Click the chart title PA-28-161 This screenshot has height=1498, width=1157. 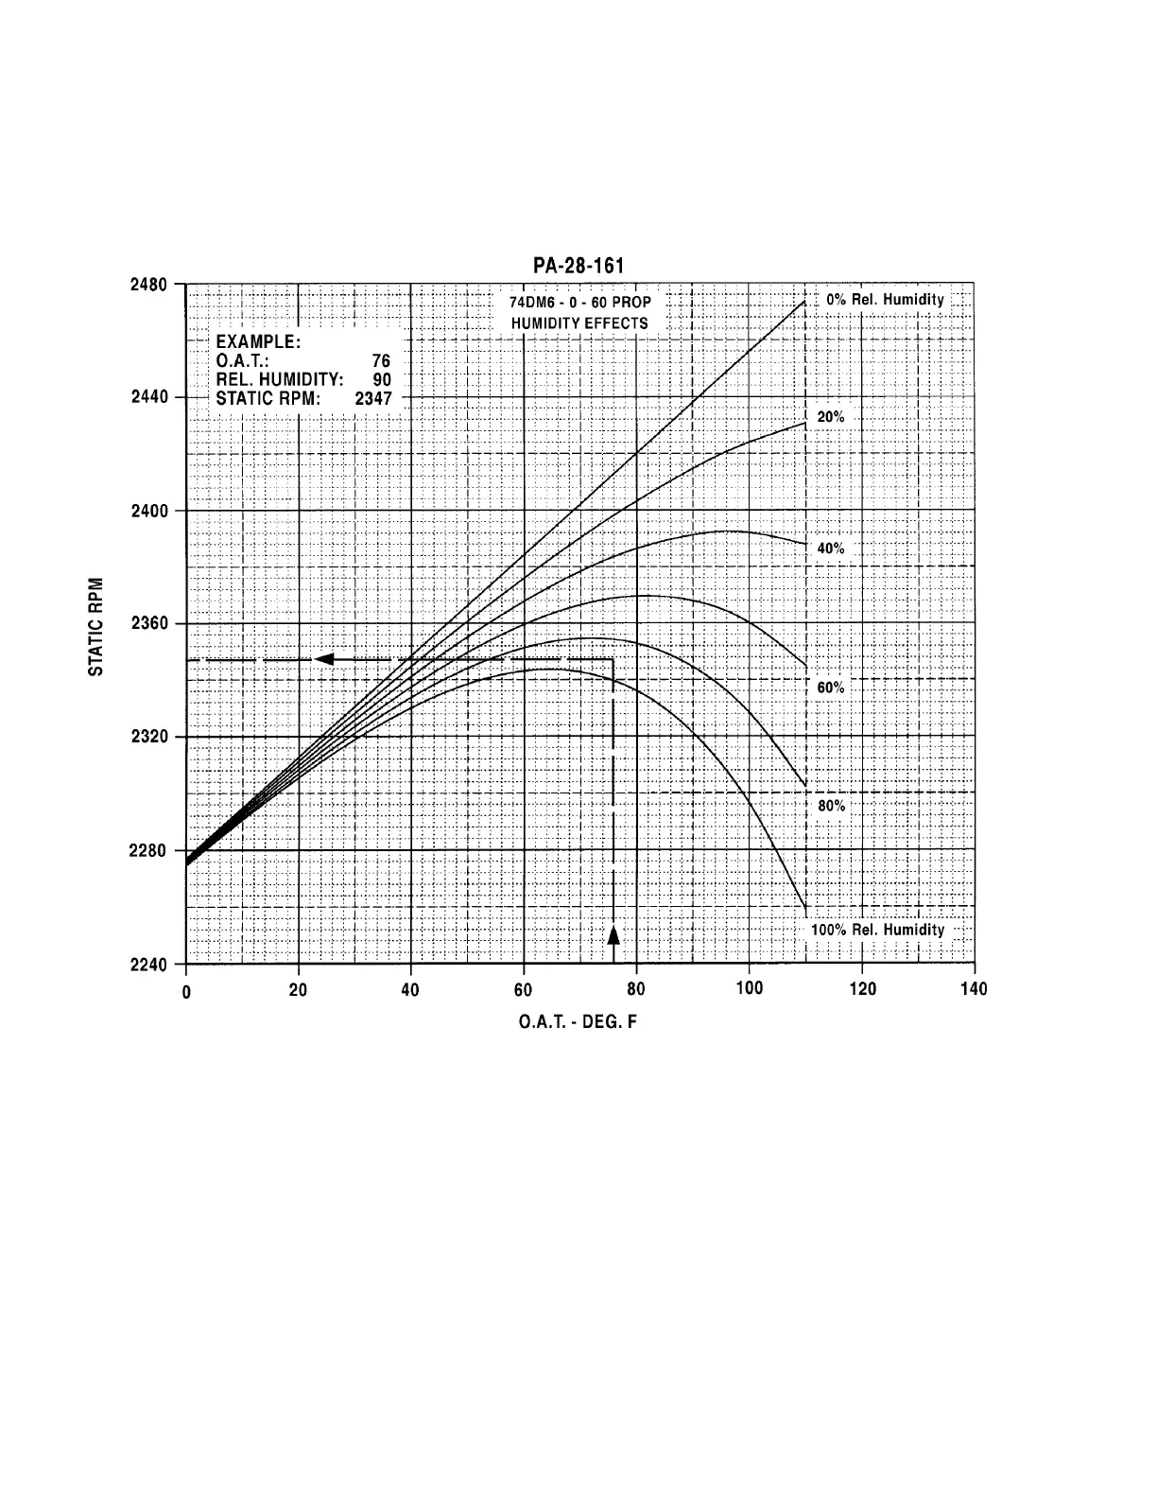578,266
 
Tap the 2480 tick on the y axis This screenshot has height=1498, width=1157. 149,285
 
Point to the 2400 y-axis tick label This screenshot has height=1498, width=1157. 149,511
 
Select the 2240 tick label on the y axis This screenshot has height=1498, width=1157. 149,964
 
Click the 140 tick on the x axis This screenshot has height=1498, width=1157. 974,989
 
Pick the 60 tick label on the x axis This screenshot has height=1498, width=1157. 523,989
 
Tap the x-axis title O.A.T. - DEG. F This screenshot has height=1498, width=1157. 578,1022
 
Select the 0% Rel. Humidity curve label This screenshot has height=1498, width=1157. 885,300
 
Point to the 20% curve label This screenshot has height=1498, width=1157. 831,417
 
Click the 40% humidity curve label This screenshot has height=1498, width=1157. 831,549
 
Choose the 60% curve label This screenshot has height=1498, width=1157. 831,688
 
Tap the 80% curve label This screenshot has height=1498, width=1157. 831,806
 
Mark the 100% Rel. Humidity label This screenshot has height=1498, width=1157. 877,930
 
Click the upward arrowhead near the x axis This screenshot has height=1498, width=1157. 613,935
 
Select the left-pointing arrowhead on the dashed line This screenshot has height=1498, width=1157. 324,658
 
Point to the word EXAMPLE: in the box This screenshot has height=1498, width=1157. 258,342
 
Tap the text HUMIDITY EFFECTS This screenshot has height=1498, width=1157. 579,323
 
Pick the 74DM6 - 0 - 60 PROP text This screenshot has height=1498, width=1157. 579,304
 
